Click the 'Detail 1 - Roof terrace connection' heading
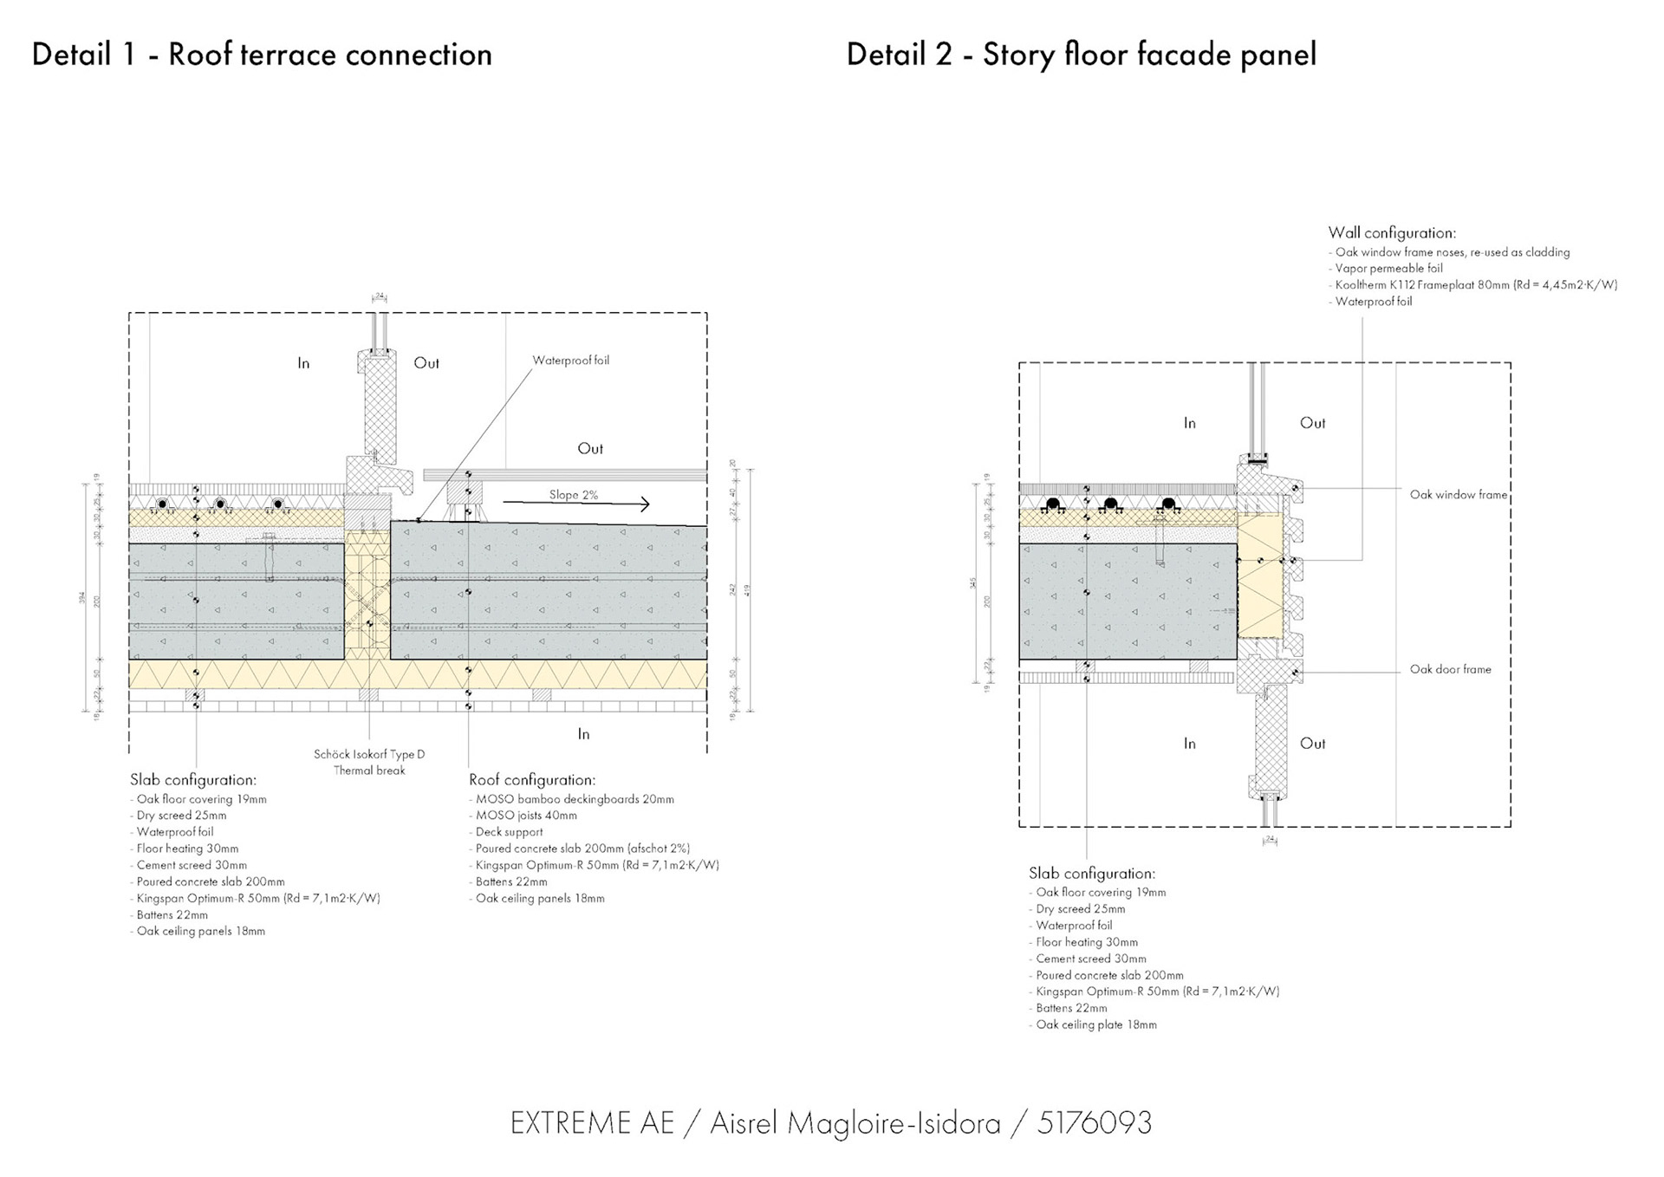[x=262, y=55]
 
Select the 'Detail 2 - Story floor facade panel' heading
[x=1081, y=55]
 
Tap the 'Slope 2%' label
[x=573, y=495]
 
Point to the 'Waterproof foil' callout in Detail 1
[x=570, y=361]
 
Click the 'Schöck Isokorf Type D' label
[x=369, y=754]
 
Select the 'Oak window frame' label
[x=1459, y=495]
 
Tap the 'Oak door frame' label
[x=1450, y=669]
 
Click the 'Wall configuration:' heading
[x=1392, y=233]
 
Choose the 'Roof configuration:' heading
[x=532, y=780]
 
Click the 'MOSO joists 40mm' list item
[x=526, y=816]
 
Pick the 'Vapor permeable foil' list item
[x=1388, y=269]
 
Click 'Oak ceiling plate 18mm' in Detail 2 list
[x=1096, y=1024]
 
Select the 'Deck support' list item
[x=510, y=832]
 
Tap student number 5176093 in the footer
[x=1095, y=1123]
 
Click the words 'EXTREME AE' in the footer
[x=592, y=1123]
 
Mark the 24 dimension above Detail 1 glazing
[x=380, y=296]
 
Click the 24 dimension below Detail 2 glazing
[x=1270, y=839]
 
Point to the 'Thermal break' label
[x=369, y=771]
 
